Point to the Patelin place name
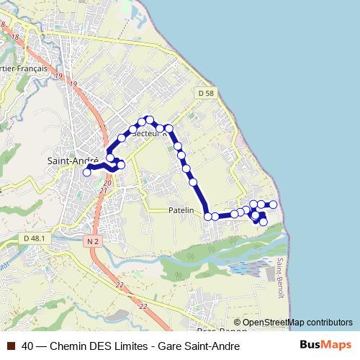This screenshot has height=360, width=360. [x=181, y=210]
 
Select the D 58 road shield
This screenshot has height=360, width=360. [x=205, y=93]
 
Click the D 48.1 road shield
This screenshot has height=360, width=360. [x=34, y=238]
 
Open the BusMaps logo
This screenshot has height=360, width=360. [x=325, y=345]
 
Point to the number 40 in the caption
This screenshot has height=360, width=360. [x=28, y=346]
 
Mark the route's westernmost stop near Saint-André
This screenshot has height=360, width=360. [x=87, y=172]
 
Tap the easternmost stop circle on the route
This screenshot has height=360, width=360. [x=274, y=204]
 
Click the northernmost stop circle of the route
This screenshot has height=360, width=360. [x=149, y=119]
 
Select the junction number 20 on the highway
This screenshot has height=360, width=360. [x=107, y=184]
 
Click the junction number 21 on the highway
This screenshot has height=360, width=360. [x=107, y=191]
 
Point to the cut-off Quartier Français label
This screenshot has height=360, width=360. [x=24, y=69]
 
